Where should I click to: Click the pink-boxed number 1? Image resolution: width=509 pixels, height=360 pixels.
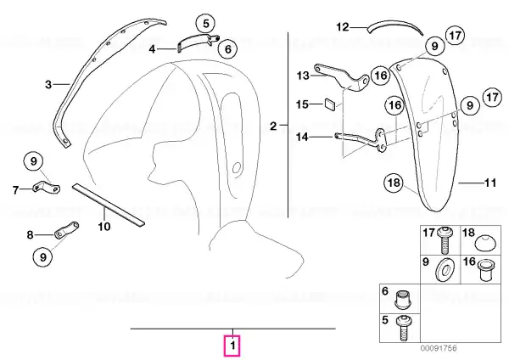(x=232, y=346)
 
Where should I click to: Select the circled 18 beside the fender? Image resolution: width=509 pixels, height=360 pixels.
(x=394, y=183)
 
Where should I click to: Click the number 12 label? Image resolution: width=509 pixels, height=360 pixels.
(x=342, y=27)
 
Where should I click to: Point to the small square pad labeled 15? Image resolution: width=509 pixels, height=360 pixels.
(x=329, y=104)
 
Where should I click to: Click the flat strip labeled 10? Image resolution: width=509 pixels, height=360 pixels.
(x=109, y=204)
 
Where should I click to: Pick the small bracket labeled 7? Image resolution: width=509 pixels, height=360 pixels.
(x=47, y=187)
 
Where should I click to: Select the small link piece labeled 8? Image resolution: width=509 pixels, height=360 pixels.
(x=67, y=230)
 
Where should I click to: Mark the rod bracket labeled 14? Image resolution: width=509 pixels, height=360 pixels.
(x=363, y=140)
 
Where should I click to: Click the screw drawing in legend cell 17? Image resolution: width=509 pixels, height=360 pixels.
(x=443, y=240)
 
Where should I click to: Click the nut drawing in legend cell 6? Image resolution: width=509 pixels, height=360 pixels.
(x=402, y=299)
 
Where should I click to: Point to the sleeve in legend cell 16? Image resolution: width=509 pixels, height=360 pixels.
(x=485, y=269)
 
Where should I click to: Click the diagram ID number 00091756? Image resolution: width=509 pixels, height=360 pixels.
(x=439, y=348)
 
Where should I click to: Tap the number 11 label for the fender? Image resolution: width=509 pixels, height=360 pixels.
(x=490, y=183)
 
